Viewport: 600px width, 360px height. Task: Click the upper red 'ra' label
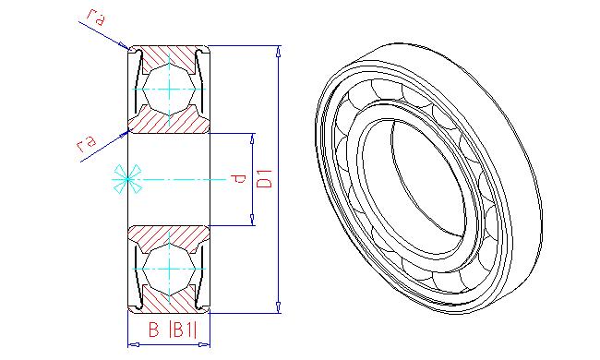point(95,17)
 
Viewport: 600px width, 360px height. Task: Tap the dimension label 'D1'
point(264,178)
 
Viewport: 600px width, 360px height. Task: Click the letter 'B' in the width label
point(153,330)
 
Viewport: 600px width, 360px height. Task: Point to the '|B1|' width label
point(183,330)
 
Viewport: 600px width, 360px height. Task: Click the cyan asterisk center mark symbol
point(127,179)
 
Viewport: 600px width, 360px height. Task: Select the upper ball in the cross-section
point(169,89)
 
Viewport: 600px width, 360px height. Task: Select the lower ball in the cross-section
point(169,270)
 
